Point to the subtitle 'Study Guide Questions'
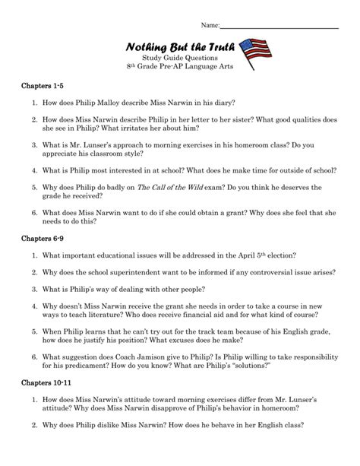(x=179, y=61)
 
